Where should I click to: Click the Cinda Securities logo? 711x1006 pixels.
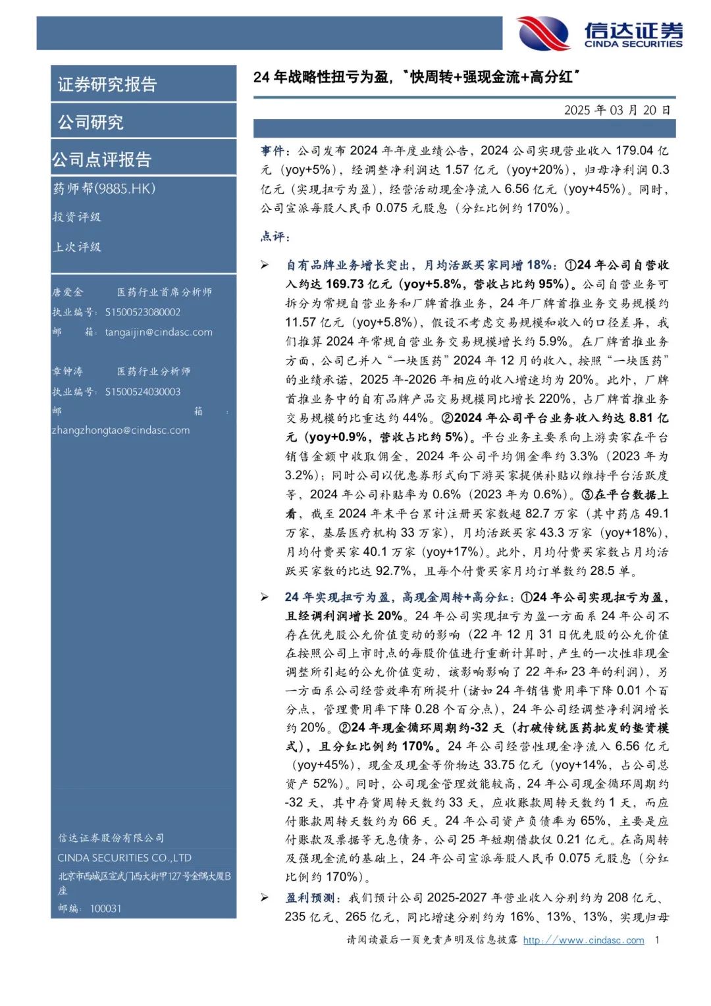coord(599,33)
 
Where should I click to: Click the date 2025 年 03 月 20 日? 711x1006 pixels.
coord(617,110)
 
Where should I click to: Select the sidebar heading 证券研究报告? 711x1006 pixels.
coord(107,84)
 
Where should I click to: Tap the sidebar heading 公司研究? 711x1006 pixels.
coord(91,122)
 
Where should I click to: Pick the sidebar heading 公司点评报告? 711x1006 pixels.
coord(102,159)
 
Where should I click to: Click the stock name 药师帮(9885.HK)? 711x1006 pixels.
coord(104,189)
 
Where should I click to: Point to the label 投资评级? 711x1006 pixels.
coord(77,217)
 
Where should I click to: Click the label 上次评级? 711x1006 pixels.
coord(77,247)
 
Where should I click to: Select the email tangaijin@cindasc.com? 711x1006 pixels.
coord(159,332)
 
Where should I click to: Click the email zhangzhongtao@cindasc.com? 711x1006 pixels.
coord(120,431)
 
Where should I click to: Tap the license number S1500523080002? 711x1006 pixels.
coord(142,312)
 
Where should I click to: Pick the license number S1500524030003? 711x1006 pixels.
coord(142,392)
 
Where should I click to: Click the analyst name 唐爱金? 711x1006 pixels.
coord(68,292)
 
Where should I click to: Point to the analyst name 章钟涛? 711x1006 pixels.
coord(68,372)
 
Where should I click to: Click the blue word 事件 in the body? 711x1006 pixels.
coord(273,151)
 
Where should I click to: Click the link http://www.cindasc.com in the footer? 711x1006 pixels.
coord(583,940)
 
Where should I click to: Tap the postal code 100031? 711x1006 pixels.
coord(105,909)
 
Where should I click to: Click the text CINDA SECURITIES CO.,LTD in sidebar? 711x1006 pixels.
coord(124,858)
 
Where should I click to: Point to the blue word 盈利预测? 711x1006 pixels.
coord(309,898)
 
